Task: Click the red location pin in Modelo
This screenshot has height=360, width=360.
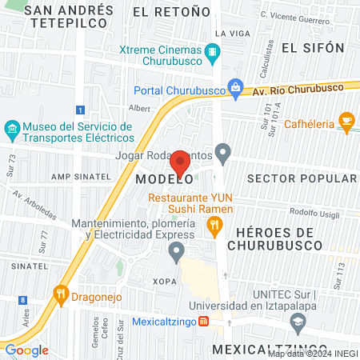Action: point(180,162)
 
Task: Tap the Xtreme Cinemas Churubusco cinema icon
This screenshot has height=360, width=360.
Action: point(212,54)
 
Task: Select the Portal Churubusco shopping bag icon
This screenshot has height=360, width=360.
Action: point(234,88)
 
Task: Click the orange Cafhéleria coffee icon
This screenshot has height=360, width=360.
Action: point(346,121)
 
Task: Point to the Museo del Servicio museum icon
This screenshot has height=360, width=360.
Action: point(11,128)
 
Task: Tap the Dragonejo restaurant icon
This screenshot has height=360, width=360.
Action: point(60,294)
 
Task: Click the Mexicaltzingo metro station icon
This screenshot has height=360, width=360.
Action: point(204,321)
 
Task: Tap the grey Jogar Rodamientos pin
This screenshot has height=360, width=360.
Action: point(223,151)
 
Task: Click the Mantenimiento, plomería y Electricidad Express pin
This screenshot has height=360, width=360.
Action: point(177,253)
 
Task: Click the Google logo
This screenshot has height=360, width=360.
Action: point(26,350)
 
